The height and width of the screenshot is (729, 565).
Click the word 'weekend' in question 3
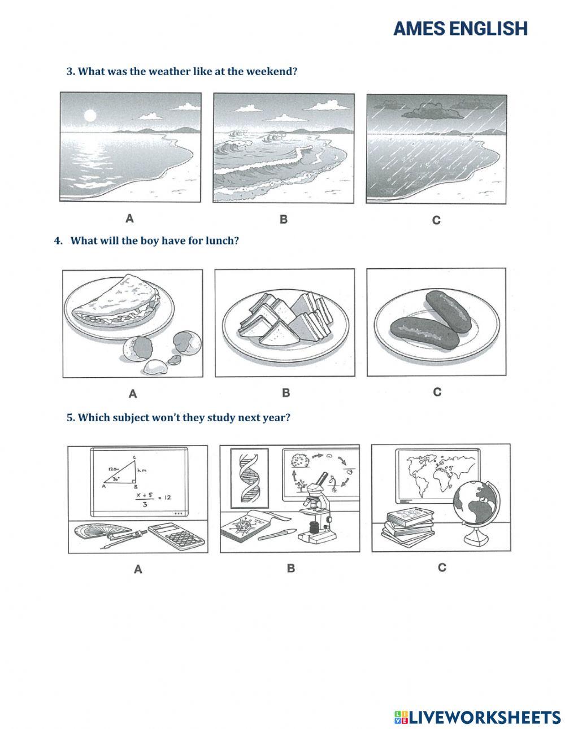click(x=271, y=72)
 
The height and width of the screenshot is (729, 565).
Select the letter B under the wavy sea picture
click(x=284, y=219)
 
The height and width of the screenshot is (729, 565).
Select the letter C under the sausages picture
click(x=437, y=392)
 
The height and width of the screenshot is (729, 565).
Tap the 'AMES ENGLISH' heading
click(x=460, y=28)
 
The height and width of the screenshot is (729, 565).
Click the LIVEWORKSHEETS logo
click(x=477, y=717)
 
